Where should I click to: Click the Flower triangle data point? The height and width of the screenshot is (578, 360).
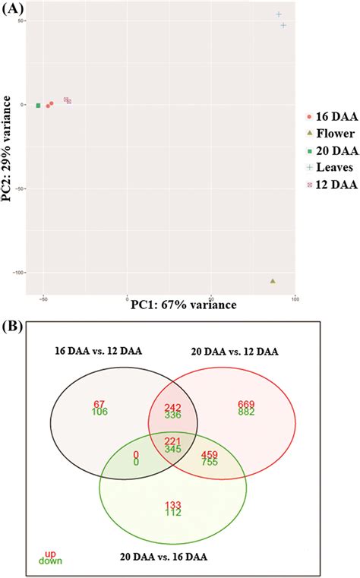[273, 281]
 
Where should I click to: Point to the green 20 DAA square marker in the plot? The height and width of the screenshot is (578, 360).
[38, 106]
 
